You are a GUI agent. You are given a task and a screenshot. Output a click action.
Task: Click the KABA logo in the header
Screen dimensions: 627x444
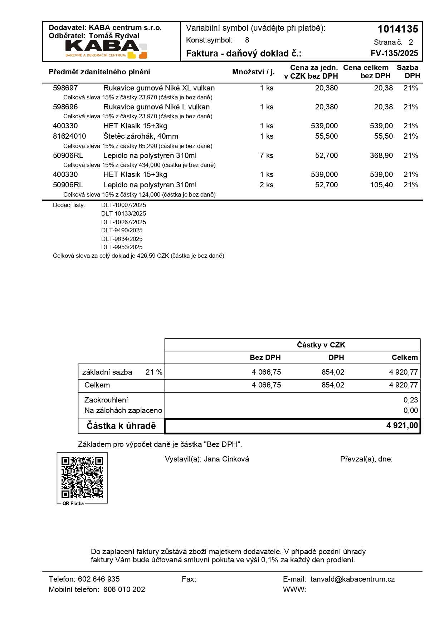click(x=106, y=49)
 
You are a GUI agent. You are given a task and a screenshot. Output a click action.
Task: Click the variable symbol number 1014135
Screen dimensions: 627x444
click(x=397, y=29)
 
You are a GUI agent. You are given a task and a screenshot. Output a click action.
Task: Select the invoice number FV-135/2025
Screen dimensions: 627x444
click(x=394, y=53)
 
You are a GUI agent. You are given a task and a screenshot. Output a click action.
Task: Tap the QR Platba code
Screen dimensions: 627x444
click(x=82, y=477)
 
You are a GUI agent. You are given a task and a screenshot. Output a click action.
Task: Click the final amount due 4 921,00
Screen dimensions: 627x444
click(x=402, y=425)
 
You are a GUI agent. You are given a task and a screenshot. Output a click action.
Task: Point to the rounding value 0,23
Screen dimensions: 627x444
click(x=410, y=400)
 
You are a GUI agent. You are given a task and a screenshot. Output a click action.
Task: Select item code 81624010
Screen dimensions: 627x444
click(x=69, y=136)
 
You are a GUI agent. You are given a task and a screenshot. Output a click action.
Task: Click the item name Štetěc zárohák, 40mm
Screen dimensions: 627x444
click(x=141, y=136)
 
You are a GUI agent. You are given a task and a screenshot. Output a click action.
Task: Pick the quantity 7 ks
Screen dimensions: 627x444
click(x=267, y=155)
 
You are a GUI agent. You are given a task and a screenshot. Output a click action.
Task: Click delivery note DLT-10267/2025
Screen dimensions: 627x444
click(x=123, y=222)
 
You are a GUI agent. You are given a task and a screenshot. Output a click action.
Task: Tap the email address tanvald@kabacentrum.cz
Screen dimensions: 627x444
click(x=352, y=579)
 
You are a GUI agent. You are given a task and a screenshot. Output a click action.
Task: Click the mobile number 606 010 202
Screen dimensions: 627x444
click(x=124, y=589)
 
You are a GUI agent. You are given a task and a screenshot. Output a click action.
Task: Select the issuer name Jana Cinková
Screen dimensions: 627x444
click(x=226, y=459)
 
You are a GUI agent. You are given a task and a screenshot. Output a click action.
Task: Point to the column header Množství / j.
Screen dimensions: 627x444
click(x=253, y=72)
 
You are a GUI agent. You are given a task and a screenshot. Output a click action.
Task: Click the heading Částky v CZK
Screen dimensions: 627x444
click(x=321, y=345)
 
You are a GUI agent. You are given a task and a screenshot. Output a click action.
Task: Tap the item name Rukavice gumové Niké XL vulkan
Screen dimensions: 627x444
click(x=159, y=88)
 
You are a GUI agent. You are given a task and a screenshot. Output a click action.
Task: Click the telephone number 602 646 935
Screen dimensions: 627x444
click(x=99, y=579)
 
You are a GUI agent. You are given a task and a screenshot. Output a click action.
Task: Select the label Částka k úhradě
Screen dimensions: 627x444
click(x=121, y=426)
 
